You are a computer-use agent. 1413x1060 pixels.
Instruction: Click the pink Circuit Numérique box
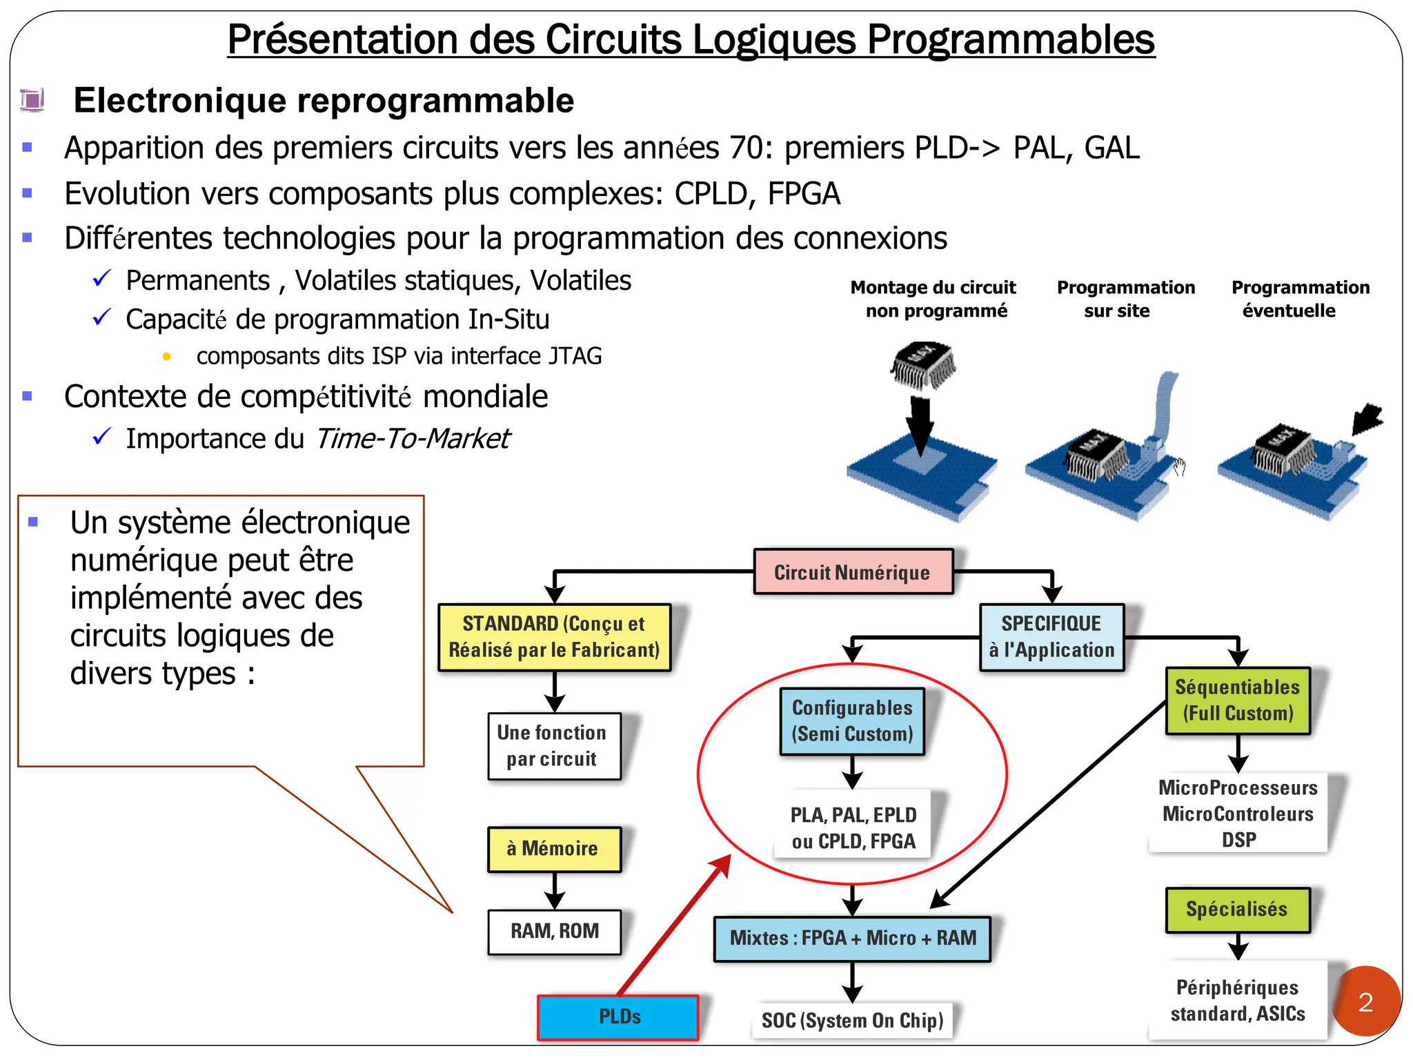[x=853, y=572]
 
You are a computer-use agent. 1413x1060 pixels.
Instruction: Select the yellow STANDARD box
[x=554, y=637]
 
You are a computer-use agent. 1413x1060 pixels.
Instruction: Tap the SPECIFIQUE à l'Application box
[x=1051, y=637]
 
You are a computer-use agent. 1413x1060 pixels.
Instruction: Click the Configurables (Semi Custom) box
[x=852, y=721]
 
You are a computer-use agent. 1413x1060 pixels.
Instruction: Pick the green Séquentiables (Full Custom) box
[x=1238, y=700]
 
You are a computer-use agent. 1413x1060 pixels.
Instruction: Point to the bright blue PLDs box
[x=618, y=1017]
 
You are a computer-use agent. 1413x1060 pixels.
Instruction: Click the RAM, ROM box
[x=554, y=932]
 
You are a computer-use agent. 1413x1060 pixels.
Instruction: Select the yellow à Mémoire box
[x=554, y=849]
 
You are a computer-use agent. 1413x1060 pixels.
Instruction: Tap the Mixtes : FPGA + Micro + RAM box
[x=853, y=939]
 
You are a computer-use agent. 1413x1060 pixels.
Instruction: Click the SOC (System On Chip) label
[x=853, y=1021]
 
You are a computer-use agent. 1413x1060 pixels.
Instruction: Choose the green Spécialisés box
[x=1237, y=910]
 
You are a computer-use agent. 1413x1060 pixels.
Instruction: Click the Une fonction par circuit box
[x=553, y=746]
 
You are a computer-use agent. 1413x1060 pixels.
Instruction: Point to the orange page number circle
[x=1365, y=1002]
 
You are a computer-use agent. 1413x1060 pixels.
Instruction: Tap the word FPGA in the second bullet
[x=804, y=194]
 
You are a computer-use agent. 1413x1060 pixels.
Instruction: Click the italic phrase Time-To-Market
[x=412, y=439]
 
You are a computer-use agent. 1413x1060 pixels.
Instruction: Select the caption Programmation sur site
[x=1125, y=299]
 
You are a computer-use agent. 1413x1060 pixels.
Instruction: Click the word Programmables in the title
[x=1010, y=40]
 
